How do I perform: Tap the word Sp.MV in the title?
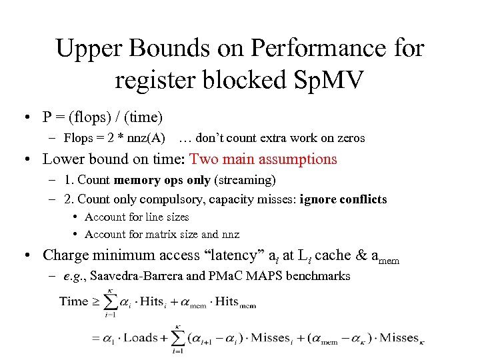pyautogui.click(x=327, y=80)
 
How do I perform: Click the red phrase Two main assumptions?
pyautogui.click(x=263, y=159)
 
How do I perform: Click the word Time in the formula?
pyautogui.click(x=73, y=301)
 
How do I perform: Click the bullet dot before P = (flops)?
pyautogui.click(x=31, y=118)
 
